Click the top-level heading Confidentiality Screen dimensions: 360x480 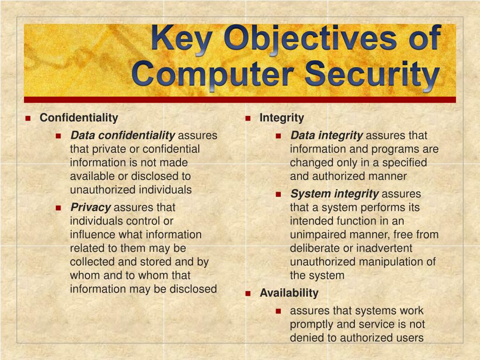[x=79, y=118]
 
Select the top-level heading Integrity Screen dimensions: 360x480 [x=282, y=118]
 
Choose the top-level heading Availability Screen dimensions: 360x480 [x=289, y=293]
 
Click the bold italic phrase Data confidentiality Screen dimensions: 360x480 [x=122, y=135]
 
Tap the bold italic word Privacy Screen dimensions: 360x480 [x=90, y=208]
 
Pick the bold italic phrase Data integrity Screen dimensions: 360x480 [x=327, y=136]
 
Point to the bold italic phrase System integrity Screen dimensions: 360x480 [x=334, y=194]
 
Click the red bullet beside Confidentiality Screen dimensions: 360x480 [x=28, y=118]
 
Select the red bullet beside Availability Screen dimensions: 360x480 [x=248, y=294]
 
